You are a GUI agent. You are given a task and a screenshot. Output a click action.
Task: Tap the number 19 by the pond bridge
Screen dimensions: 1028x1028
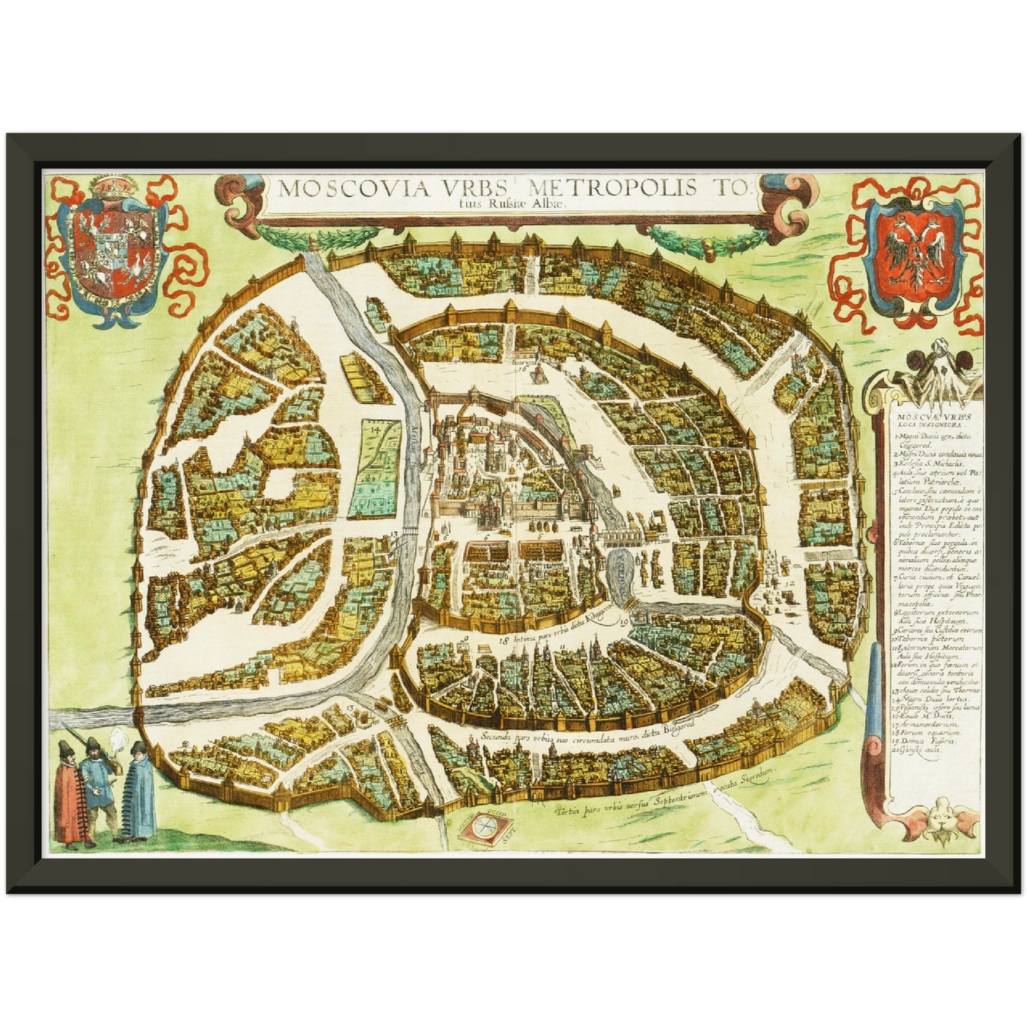pyautogui.click(x=624, y=623)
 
